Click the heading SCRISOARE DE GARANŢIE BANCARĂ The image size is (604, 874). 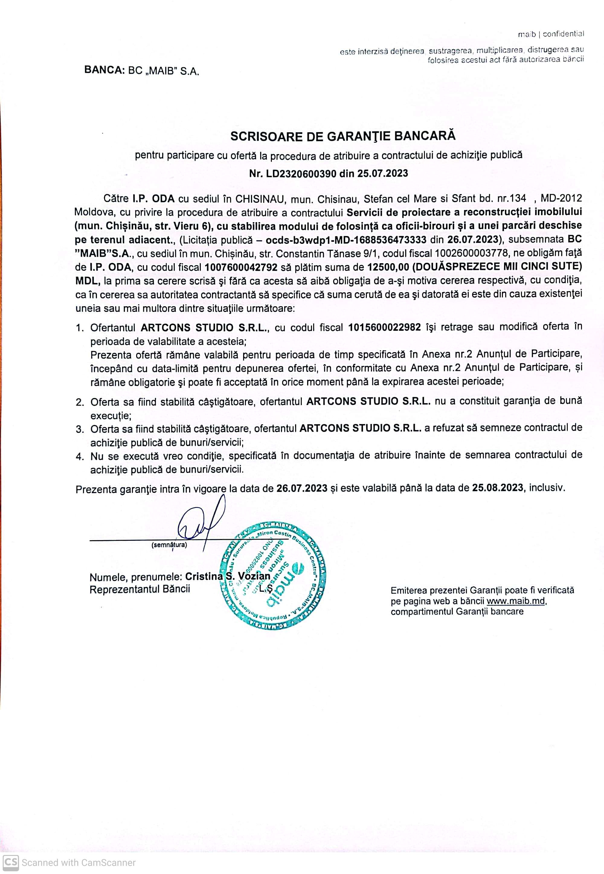(342, 136)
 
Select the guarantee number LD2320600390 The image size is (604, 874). (301, 174)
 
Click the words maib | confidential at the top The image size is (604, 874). (551, 34)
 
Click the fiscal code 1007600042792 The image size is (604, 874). (241, 267)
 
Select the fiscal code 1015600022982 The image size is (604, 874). (384, 327)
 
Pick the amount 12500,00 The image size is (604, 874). (388, 267)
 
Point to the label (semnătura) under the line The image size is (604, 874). (169, 545)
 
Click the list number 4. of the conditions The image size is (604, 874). (79, 457)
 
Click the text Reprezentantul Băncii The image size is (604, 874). (140, 589)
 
